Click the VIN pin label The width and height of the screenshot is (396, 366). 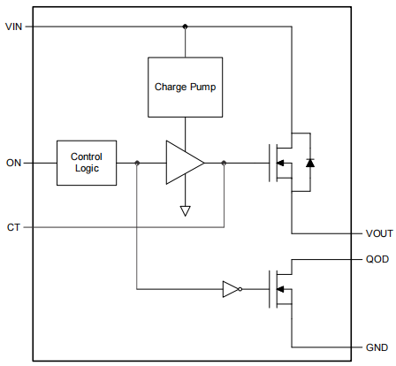click(13, 27)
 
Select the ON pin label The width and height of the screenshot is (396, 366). click(13, 163)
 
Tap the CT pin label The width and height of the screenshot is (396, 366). click(13, 228)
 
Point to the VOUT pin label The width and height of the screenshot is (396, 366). click(378, 234)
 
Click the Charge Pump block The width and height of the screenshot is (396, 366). click(185, 88)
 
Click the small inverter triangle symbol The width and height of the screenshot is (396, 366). click(229, 288)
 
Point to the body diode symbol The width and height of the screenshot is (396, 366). click(308, 163)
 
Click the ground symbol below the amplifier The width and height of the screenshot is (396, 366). click(185, 210)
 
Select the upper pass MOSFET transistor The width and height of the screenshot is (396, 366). click(283, 163)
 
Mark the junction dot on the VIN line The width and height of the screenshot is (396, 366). click(185, 27)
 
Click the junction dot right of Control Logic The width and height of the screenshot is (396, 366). click(137, 163)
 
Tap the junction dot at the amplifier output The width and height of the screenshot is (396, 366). click(224, 163)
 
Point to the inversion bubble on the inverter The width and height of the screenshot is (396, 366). click(240, 288)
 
